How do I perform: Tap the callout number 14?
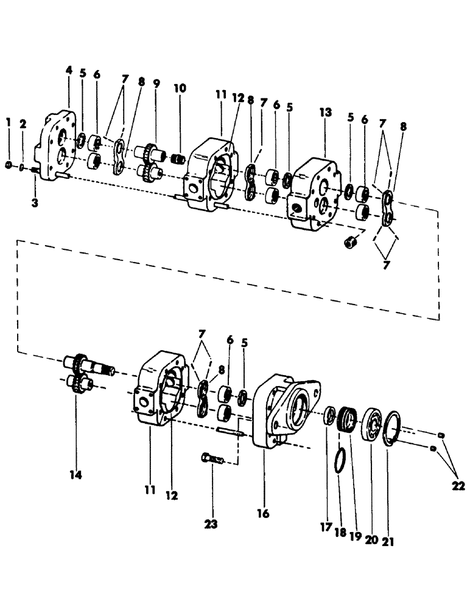(76, 474)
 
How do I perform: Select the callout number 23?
(213, 523)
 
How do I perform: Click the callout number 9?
(156, 83)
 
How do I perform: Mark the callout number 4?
(69, 71)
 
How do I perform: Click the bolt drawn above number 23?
(211, 458)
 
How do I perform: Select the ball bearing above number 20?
(370, 423)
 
